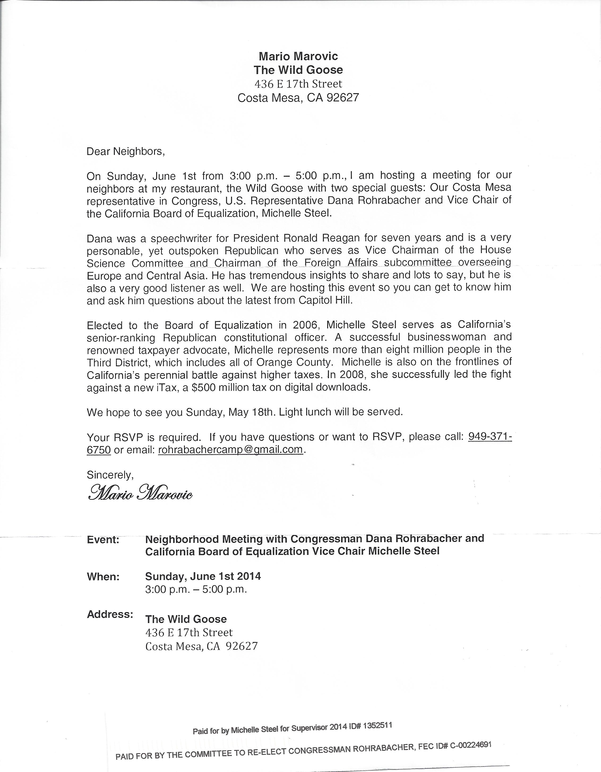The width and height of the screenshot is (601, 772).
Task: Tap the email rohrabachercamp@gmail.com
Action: click(x=231, y=449)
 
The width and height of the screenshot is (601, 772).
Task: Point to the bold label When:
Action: click(x=103, y=577)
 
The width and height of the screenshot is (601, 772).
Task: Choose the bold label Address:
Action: click(x=110, y=614)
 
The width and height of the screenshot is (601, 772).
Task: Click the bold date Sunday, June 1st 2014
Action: click(x=203, y=576)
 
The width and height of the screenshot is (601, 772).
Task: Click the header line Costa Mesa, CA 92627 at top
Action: click(x=298, y=97)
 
